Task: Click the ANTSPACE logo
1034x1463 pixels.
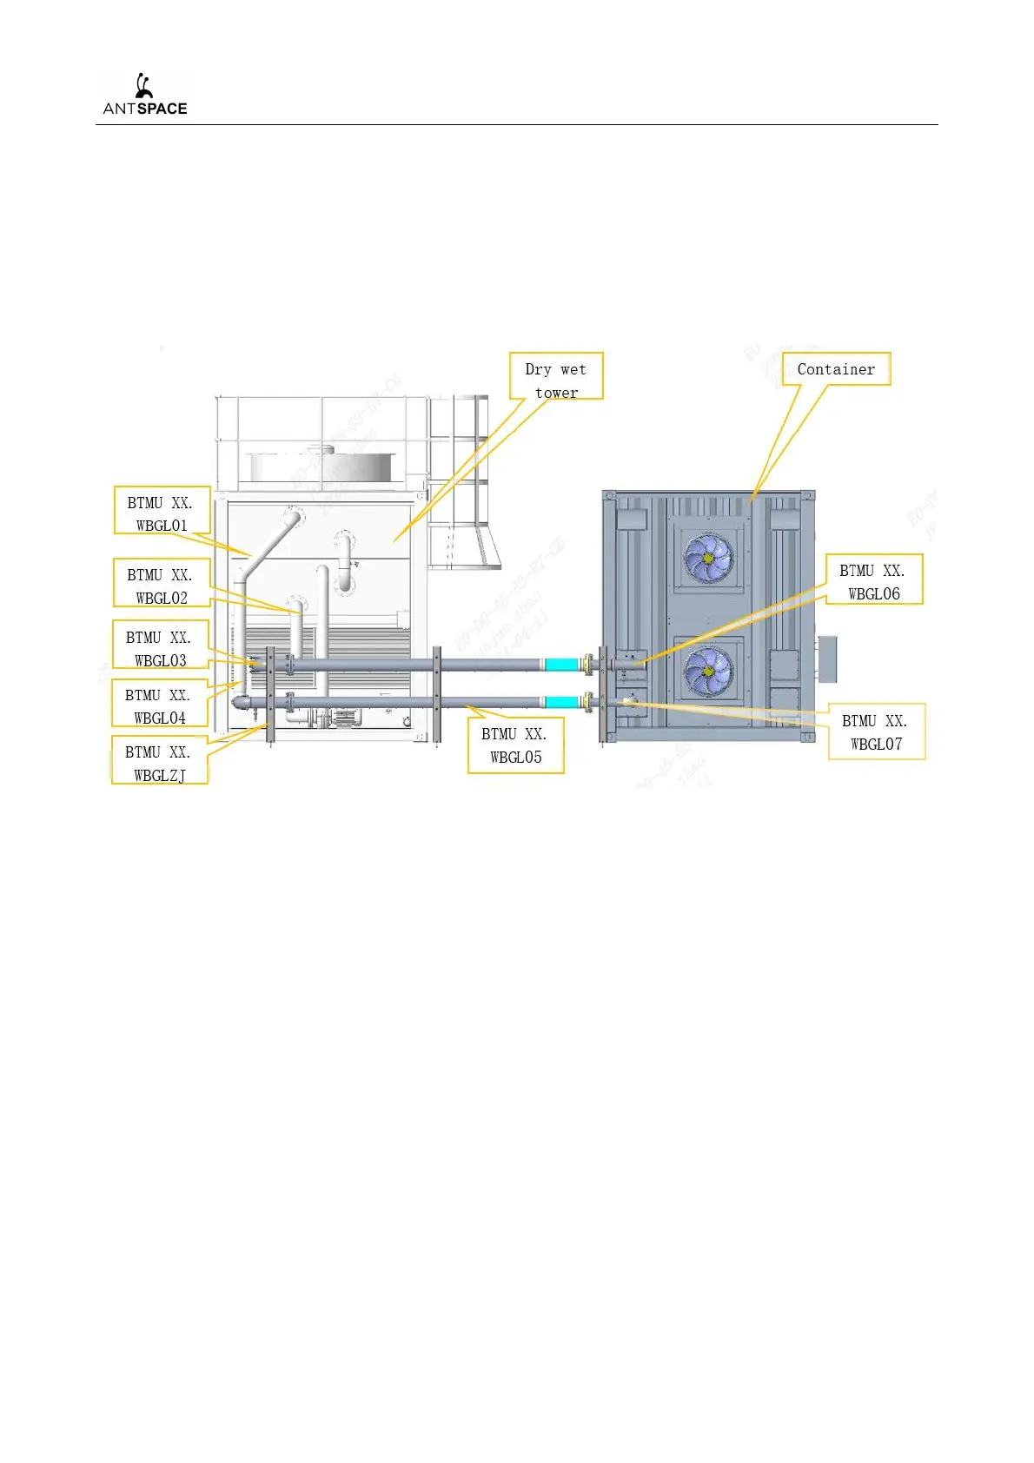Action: [x=144, y=96]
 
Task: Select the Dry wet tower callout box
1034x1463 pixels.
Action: [x=556, y=376]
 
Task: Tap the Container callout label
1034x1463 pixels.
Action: [x=836, y=369]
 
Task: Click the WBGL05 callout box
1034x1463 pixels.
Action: [x=516, y=745]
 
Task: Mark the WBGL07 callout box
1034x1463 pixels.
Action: [x=876, y=731]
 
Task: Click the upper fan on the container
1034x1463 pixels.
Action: [x=709, y=557]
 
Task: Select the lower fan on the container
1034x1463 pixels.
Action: [x=709, y=672]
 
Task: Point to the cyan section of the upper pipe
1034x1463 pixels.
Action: [x=562, y=665]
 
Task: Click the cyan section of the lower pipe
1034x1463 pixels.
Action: [x=562, y=702]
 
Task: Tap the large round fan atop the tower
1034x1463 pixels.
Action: [x=323, y=466]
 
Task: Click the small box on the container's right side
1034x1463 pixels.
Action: [x=826, y=659]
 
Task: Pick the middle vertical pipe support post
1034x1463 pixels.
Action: [x=437, y=695]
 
